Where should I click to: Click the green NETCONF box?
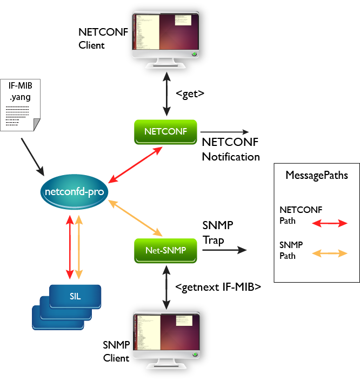coord(166,131)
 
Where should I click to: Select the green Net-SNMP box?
coord(165,250)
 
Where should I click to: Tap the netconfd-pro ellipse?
coord(74,192)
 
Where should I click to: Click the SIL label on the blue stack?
coord(75,296)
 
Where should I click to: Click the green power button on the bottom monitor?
coord(195,355)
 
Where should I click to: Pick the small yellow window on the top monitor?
coord(183,20)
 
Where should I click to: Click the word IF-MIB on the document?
coord(20,85)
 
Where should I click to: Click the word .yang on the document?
coord(20,97)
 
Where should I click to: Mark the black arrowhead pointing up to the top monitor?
coord(166,79)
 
